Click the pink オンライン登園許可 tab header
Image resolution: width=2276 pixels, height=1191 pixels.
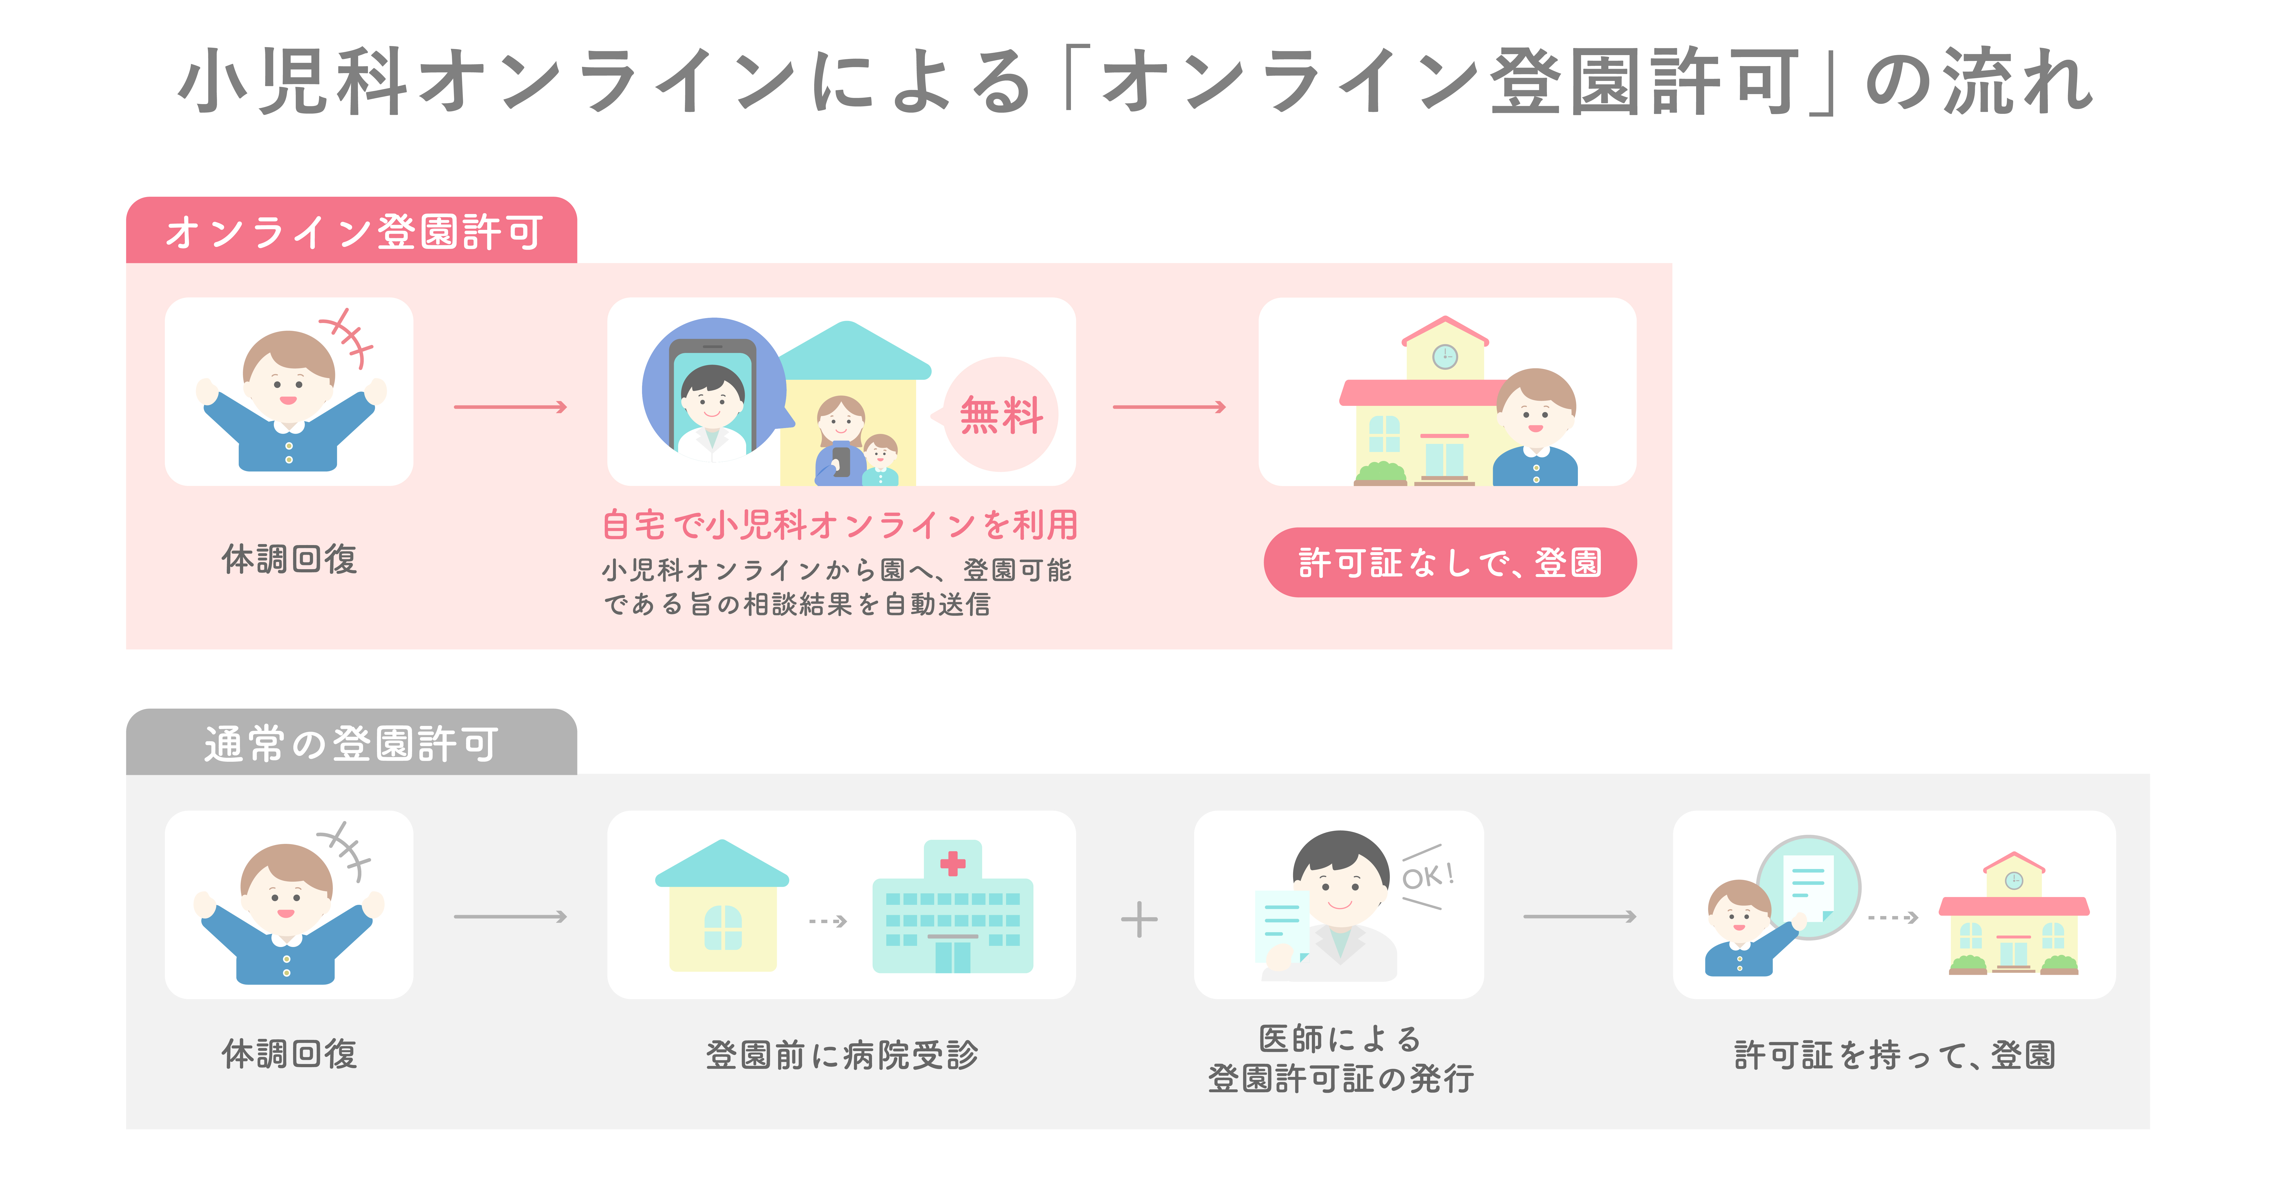point(352,231)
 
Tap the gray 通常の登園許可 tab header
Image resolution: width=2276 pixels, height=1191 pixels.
point(352,742)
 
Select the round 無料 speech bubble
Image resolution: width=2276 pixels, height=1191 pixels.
point(999,414)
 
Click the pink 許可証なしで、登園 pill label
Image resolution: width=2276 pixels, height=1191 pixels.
point(1450,563)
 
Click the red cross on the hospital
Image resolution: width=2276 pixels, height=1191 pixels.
point(952,863)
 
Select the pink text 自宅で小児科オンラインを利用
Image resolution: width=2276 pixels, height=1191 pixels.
point(839,525)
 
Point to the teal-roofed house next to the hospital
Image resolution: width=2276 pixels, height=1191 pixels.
point(722,906)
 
